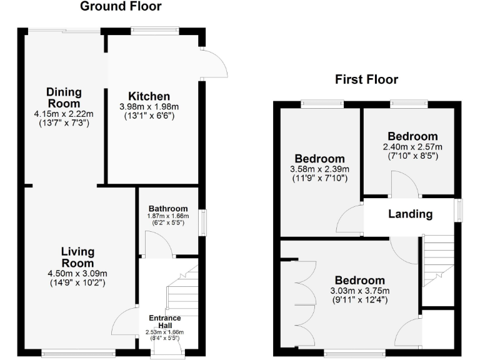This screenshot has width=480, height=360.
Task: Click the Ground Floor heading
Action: coord(121,7)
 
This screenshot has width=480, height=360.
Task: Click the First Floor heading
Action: coord(366,79)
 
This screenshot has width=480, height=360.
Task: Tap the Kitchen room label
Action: coord(149,97)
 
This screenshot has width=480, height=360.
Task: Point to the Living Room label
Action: coord(77,257)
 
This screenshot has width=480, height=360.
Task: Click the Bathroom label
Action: coord(167,209)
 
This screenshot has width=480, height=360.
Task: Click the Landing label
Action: coord(410,214)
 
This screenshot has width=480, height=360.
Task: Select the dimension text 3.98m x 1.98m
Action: coord(149,107)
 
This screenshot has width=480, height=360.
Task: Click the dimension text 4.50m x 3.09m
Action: coord(77,273)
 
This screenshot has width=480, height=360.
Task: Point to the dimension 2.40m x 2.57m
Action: coord(412,147)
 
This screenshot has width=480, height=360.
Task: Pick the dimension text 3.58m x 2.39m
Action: coord(319,169)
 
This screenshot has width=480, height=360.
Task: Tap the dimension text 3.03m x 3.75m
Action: coord(359,291)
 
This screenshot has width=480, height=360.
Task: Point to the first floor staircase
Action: coord(438,259)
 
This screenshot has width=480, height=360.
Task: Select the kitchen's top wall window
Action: coord(155,30)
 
